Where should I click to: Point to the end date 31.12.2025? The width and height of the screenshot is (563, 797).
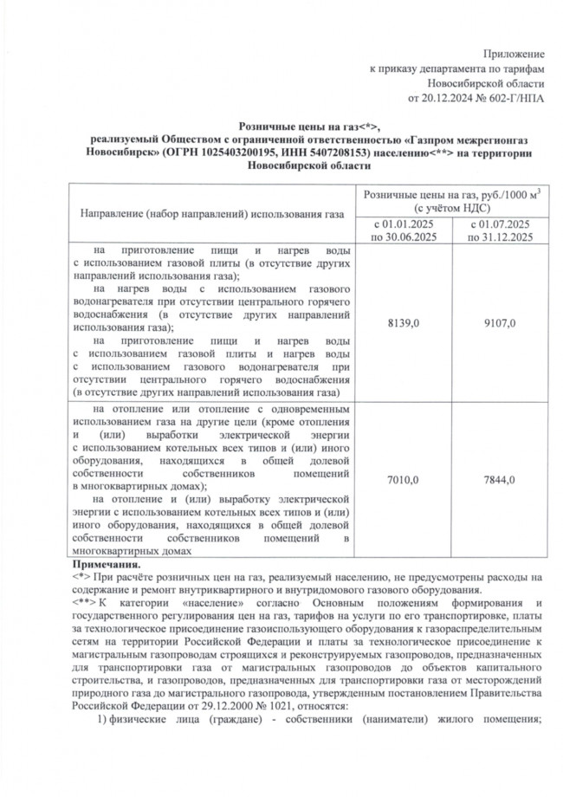point(505,236)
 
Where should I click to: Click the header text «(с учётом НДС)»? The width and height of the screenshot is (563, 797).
point(453,209)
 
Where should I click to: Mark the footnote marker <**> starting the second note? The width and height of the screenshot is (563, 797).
point(84,601)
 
